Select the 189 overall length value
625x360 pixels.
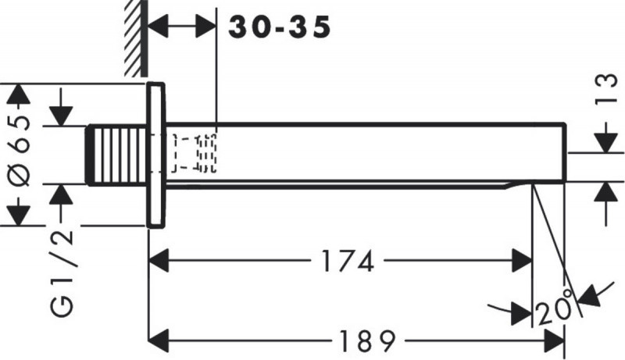[x=366, y=340]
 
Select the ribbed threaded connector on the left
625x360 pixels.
[x=117, y=154]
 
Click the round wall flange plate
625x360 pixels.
[x=155, y=154]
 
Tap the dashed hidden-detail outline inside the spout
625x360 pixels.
[x=195, y=153]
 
